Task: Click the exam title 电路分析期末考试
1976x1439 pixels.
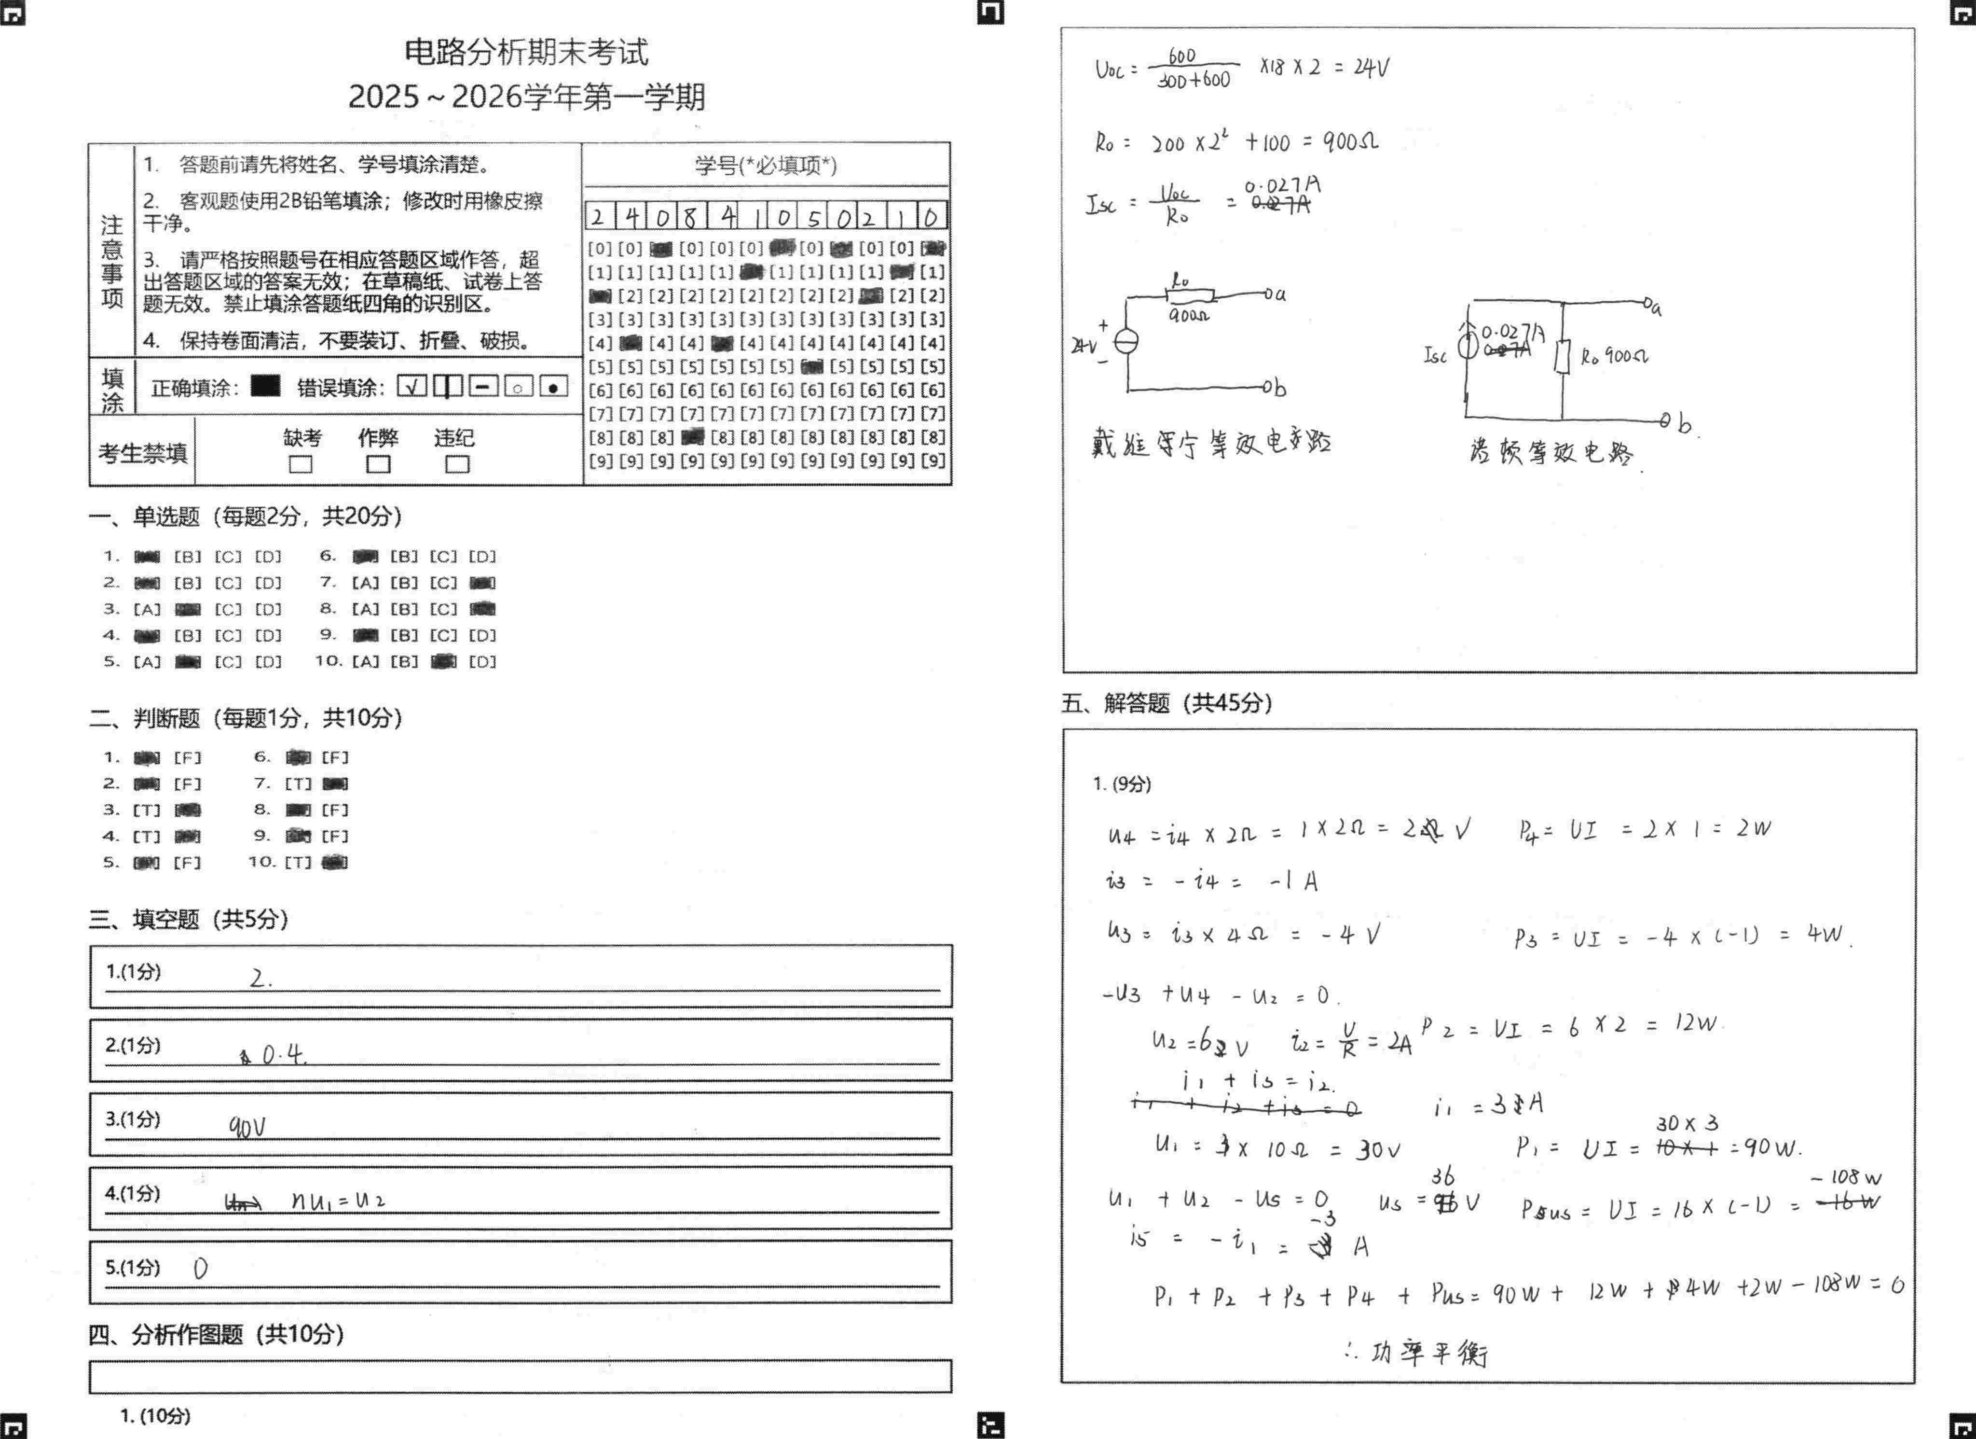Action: [x=526, y=52]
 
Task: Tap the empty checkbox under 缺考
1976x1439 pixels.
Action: [x=301, y=464]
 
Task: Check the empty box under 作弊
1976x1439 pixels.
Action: [x=378, y=464]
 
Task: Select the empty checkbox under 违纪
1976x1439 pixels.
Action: [x=456, y=464]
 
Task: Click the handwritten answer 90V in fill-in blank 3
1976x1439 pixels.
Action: [x=247, y=1127]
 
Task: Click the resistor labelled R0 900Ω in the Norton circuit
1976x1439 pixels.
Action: [x=1562, y=356]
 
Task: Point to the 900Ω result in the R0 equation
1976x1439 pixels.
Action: [x=1350, y=141]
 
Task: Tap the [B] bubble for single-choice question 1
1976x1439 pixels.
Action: [x=187, y=556]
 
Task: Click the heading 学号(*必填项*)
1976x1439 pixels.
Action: [x=766, y=166]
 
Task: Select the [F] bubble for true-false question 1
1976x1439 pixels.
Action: [x=187, y=757]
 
